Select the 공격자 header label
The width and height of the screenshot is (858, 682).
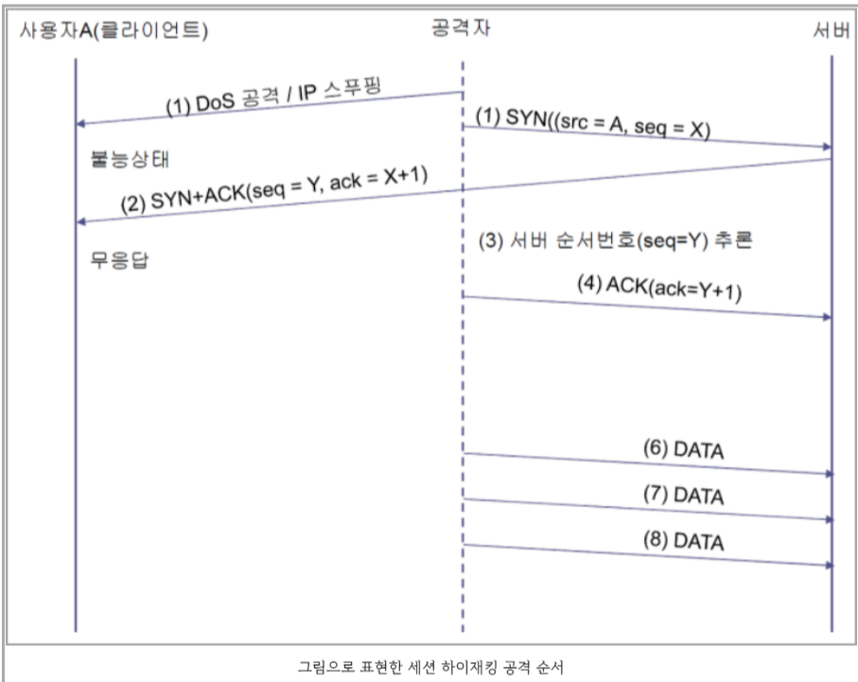pyautogui.click(x=460, y=28)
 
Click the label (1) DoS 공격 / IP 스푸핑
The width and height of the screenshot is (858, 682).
pyautogui.click(x=280, y=98)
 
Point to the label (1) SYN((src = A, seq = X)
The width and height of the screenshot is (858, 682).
pyautogui.click(x=592, y=123)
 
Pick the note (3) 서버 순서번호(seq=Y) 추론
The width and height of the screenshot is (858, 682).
pyautogui.click(x=614, y=242)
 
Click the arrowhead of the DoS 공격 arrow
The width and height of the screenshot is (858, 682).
pyautogui.click(x=80, y=123)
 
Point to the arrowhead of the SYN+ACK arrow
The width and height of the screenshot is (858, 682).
pyautogui.click(x=80, y=221)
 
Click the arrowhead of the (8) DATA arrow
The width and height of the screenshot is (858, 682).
pyautogui.click(x=828, y=565)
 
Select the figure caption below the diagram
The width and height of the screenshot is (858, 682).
pyautogui.click(x=430, y=666)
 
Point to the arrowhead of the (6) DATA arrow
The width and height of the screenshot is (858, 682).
pyautogui.click(x=828, y=473)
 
